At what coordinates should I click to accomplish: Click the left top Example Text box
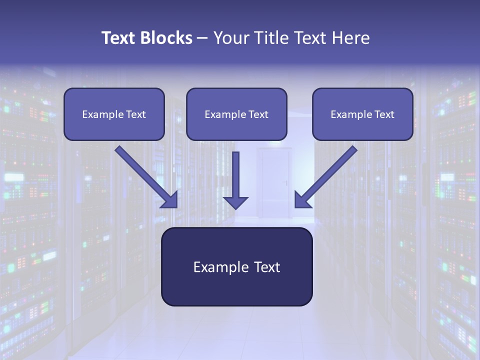(x=114, y=114)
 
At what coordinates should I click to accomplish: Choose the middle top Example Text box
(x=236, y=114)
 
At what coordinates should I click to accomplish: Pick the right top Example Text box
(x=362, y=114)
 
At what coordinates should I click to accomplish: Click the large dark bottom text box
(x=236, y=266)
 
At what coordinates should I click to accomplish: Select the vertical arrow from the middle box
(x=235, y=175)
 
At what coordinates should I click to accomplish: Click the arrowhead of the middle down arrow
(x=235, y=202)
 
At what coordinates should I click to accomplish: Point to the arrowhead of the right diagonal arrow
(x=302, y=200)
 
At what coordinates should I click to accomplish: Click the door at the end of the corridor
(x=274, y=182)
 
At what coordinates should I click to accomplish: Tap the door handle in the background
(x=286, y=182)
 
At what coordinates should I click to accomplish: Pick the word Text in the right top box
(x=384, y=114)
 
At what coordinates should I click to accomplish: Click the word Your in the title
(x=230, y=38)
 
